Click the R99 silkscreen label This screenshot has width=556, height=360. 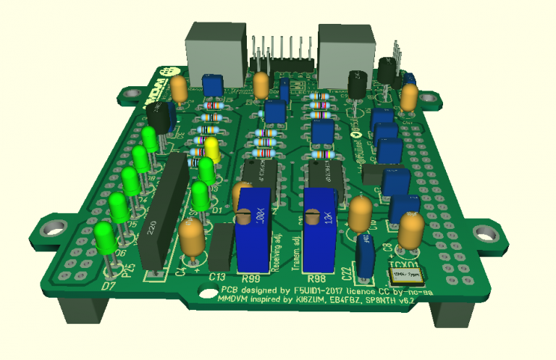click(250, 279)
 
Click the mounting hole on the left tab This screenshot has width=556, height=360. click(52, 227)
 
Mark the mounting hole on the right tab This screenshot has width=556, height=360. click(484, 232)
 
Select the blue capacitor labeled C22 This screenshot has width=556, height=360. click(364, 254)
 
